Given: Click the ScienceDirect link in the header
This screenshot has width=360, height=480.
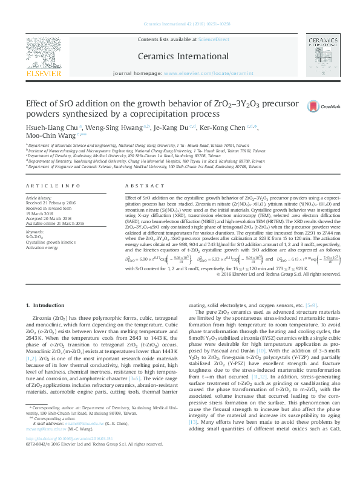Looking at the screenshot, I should (203, 39).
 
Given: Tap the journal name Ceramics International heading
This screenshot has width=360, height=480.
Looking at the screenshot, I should (180, 56).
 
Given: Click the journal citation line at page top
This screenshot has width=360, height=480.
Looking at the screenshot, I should (180, 25).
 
